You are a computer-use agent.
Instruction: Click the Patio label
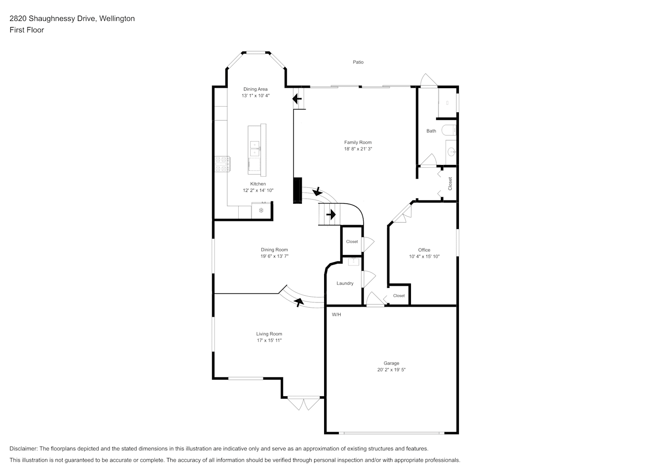(358, 62)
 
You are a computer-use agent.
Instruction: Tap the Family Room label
(358, 143)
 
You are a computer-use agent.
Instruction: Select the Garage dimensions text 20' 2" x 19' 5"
(391, 370)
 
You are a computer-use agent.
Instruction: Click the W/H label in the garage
(336, 315)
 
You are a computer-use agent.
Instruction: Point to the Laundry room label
(345, 283)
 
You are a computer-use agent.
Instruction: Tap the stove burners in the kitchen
(222, 164)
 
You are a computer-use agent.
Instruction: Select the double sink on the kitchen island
(255, 149)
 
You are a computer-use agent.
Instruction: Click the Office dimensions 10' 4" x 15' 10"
(424, 256)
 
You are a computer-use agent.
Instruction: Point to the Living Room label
(269, 334)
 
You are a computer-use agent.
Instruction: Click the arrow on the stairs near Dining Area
(297, 98)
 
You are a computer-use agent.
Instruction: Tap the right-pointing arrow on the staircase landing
(331, 214)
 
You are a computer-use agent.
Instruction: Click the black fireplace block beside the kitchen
(298, 191)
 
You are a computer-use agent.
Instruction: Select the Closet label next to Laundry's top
(352, 241)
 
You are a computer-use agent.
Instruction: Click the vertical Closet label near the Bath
(450, 184)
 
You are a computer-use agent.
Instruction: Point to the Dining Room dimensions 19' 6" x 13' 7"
(274, 256)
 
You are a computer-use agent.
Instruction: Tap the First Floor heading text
(27, 30)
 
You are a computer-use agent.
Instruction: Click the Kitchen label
(258, 184)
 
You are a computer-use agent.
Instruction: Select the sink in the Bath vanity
(451, 152)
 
